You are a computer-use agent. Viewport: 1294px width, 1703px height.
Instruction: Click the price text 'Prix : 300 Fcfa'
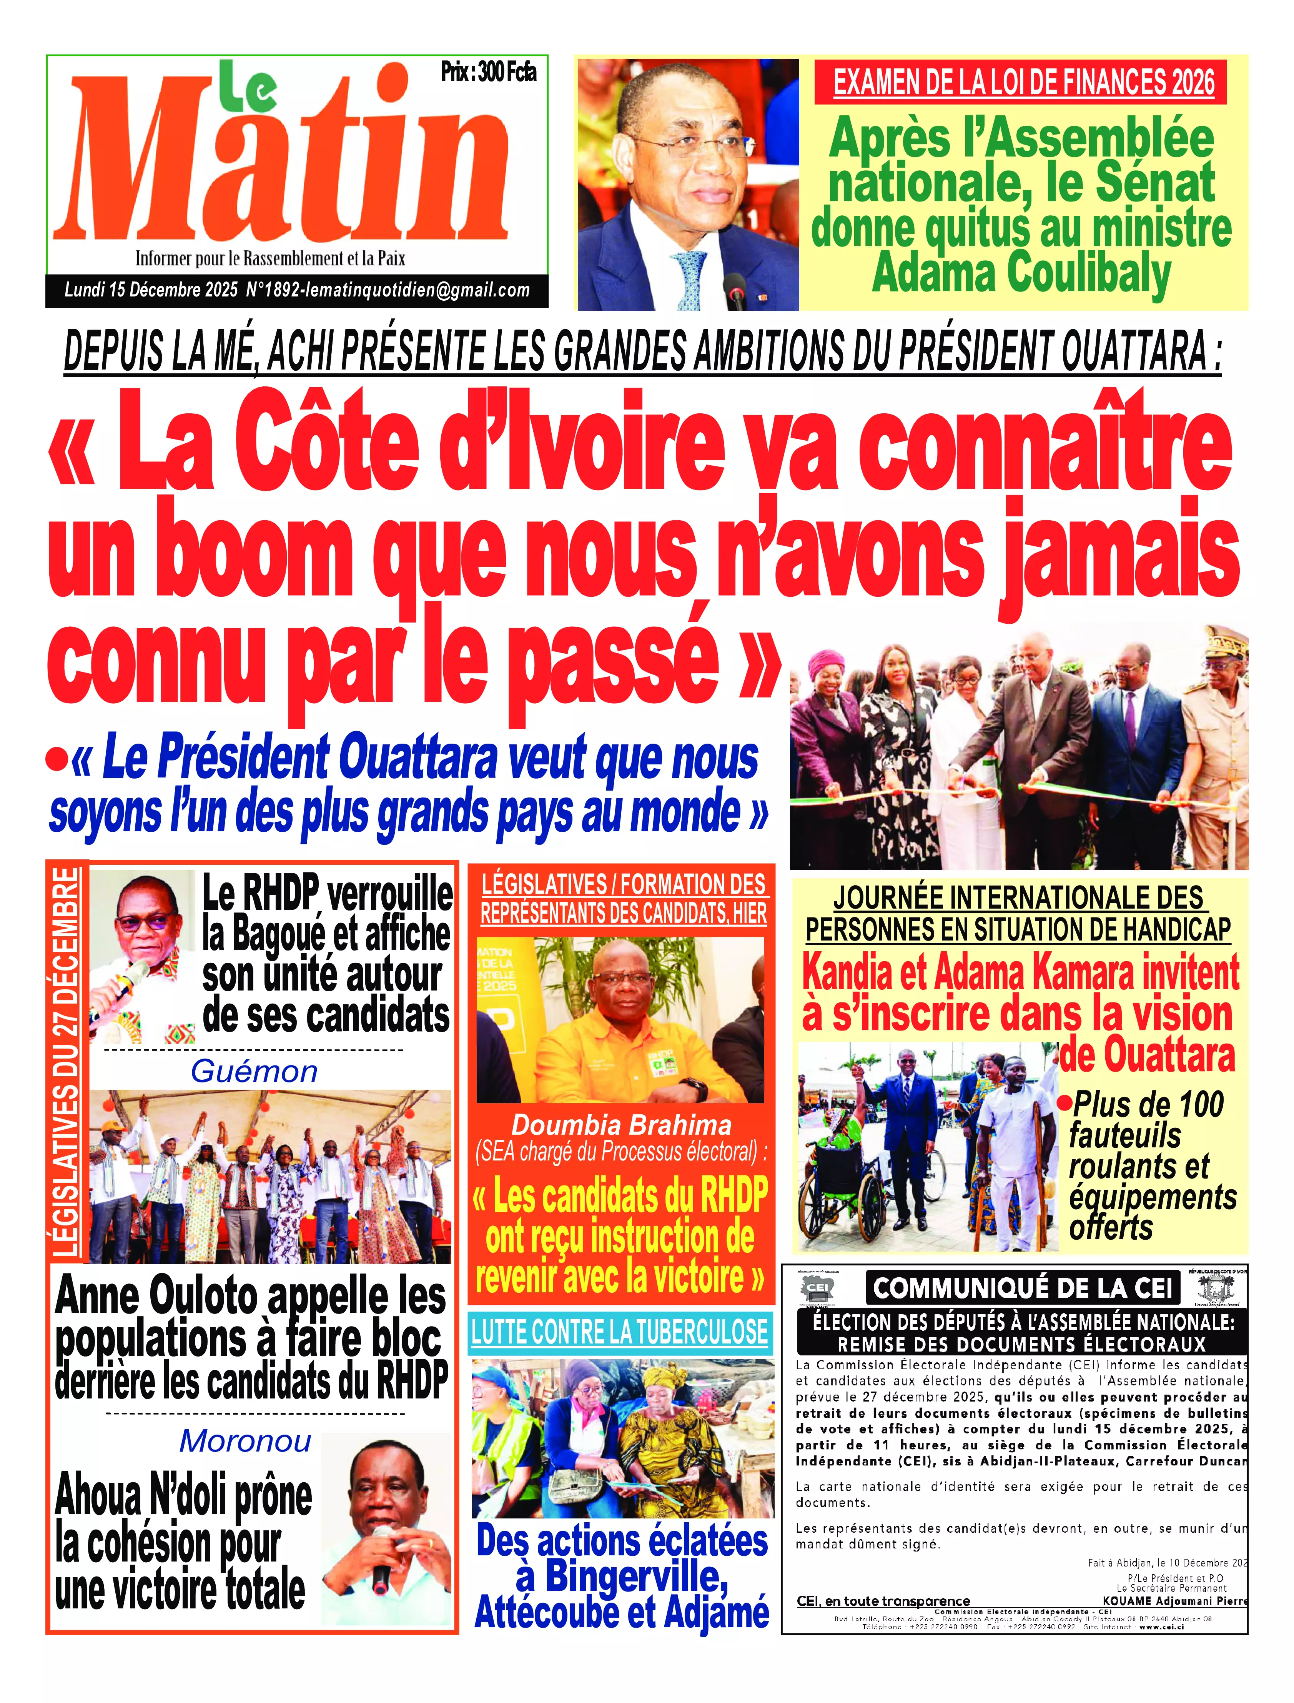pos(488,72)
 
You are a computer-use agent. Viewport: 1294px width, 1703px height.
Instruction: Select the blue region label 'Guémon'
pos(254,1071)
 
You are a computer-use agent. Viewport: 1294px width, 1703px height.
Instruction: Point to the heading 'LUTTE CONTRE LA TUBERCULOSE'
pos(620,1332)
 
